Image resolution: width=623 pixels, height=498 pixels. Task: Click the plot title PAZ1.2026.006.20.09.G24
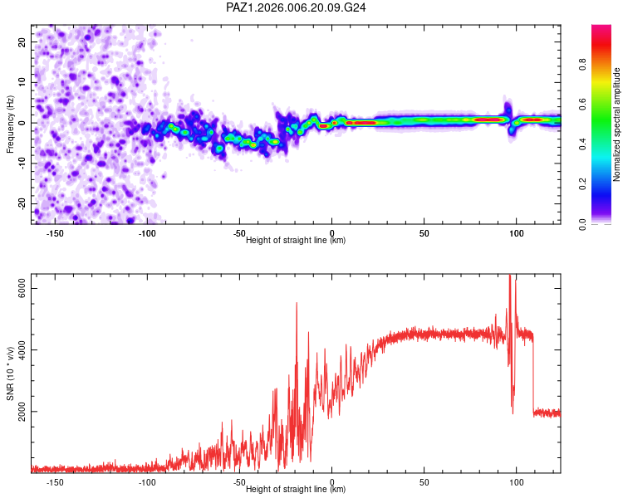point(297,7)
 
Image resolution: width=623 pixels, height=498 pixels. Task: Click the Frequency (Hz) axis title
point(10,124)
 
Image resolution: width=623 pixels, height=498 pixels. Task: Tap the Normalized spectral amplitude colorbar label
point(616,124)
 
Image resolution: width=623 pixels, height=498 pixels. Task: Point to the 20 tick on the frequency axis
point(22,41)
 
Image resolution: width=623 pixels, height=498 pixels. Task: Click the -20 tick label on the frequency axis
point(22,203)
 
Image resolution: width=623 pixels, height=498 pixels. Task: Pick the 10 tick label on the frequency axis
point(22,82)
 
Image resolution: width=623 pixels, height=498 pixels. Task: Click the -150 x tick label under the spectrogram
point(56,233)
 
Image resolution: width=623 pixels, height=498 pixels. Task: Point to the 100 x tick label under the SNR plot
point(516,482)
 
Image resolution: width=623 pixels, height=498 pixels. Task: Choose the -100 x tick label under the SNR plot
point(147,482)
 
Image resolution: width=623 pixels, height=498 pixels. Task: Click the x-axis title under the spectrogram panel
point(296,241)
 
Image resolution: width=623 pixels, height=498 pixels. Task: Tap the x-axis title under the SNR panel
point(296,490)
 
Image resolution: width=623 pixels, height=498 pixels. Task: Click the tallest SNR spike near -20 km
point(297,305)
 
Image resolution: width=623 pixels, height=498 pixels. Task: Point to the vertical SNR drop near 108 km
point(533,373)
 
